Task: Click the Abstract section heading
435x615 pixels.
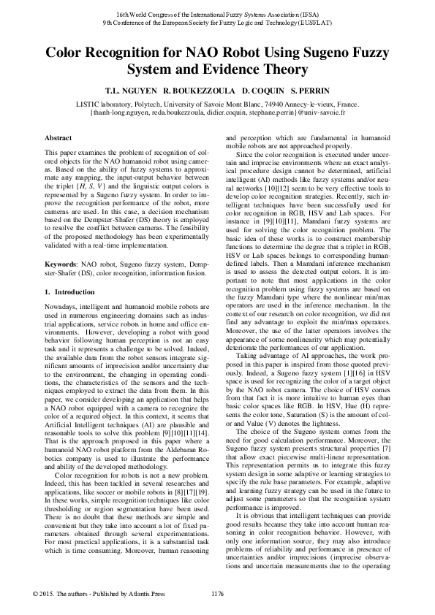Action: [58, 138]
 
